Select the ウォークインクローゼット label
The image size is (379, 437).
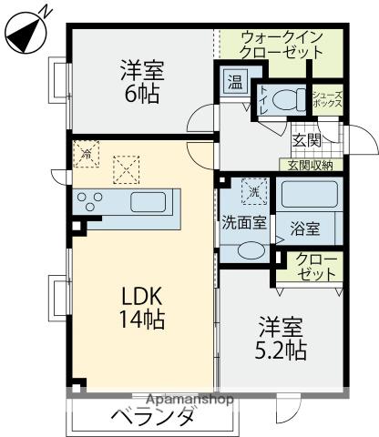coord(281,45)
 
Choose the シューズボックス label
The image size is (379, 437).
coord(326,99)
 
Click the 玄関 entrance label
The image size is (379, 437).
coord(306,140)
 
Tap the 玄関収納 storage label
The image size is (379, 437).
coord(310,165)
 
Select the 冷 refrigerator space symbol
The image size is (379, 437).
coord(86,153)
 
